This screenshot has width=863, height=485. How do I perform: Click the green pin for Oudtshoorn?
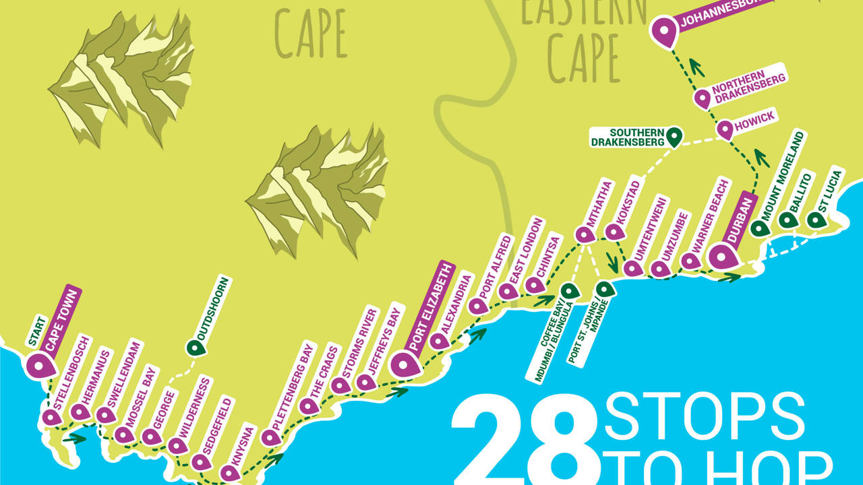pyautogui.click(x=196, y=348)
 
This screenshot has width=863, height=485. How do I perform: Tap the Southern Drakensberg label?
pyautogui.click(x=628, y=137)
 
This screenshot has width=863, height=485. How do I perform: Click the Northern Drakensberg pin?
pyautogui.click(x=703, y=98)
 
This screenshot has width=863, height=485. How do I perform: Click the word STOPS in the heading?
pyautogui.click(x=705, y=417)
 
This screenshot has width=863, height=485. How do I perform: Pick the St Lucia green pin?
pyautogui.click(x=816, y=220)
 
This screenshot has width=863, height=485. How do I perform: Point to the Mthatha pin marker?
pyautogui.click(x=585, y=234)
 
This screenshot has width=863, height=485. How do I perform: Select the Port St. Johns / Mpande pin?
pyautogui.click(x=605, y=289)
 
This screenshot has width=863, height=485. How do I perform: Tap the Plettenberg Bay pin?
pyautogui.click(x=270, y=437)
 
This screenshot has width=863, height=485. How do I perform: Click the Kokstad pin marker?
pyautogui.click(x=614, y=231)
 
